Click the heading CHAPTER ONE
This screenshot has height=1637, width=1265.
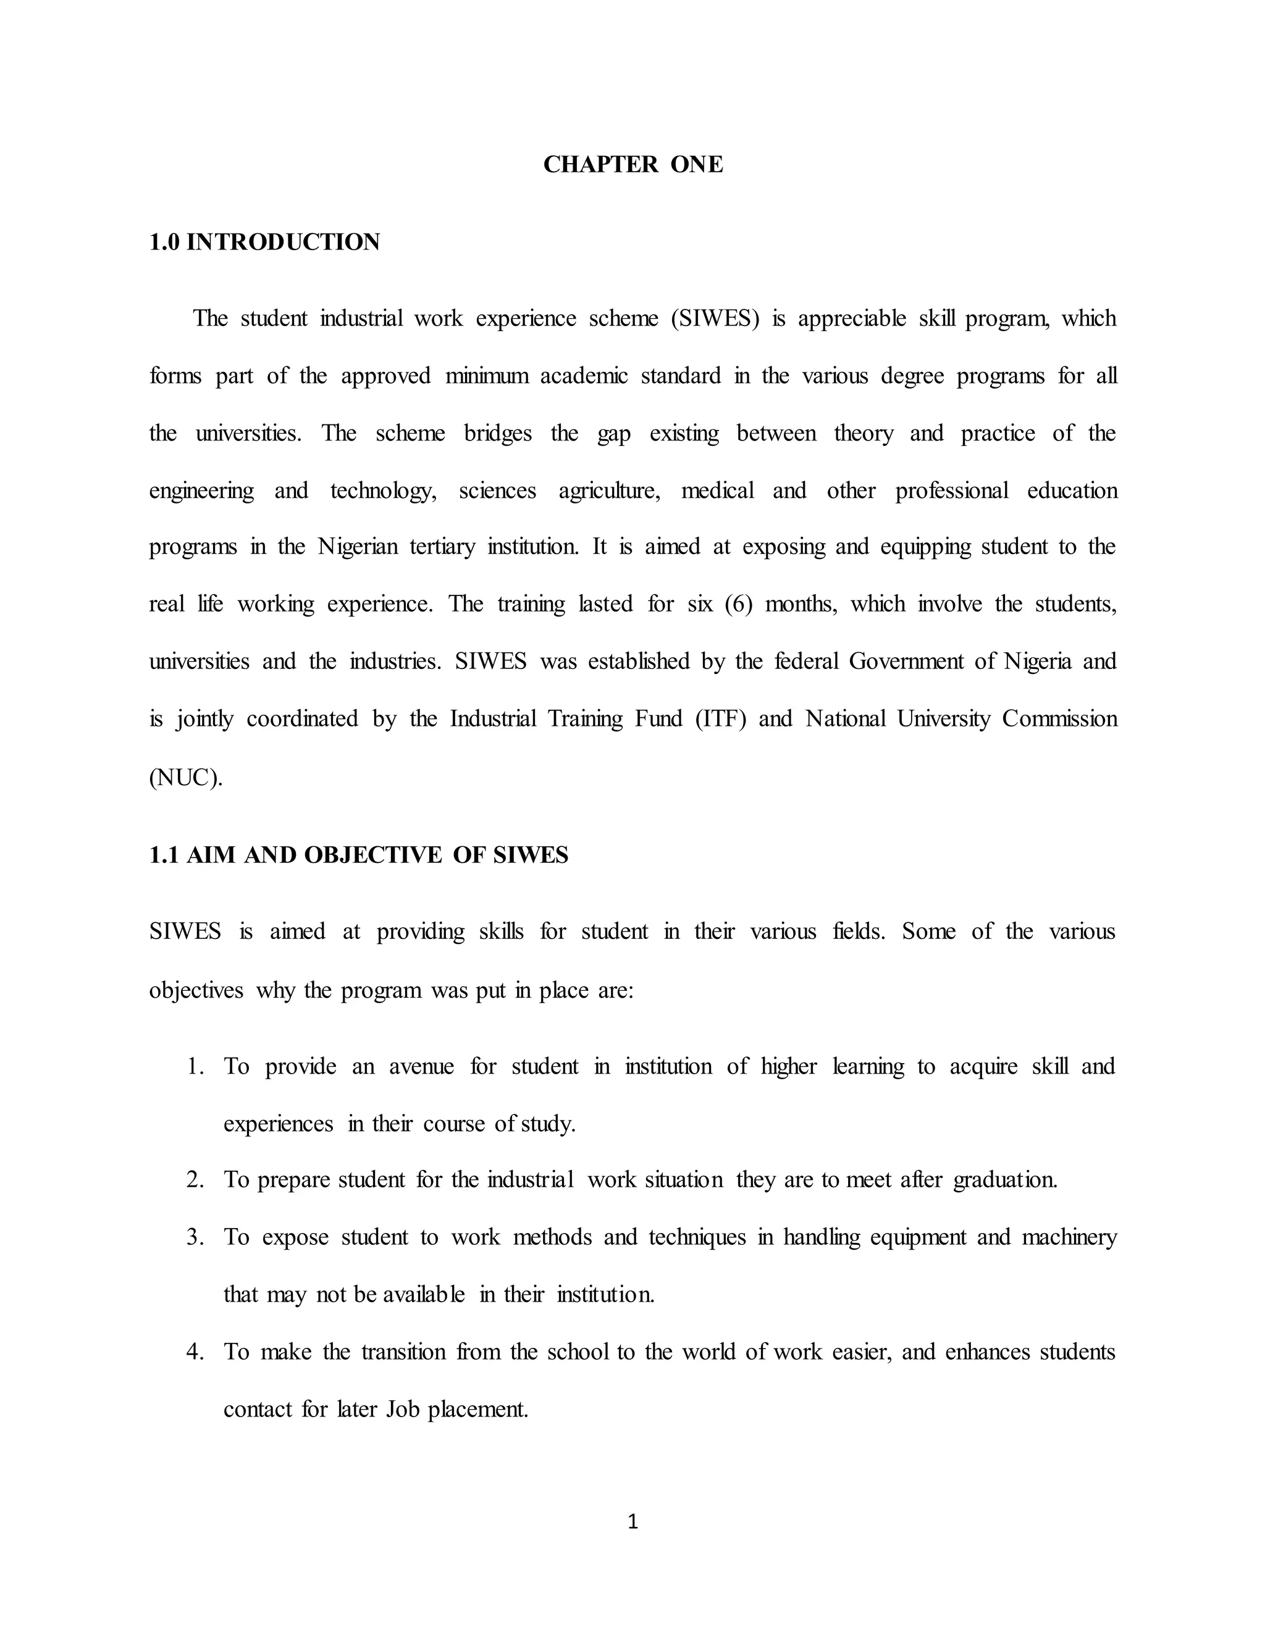point(632,164)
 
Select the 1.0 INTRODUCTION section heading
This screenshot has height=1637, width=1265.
point(264,242)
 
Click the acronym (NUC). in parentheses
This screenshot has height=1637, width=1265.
point(186,777)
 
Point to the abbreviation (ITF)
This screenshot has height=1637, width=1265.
point(721,719)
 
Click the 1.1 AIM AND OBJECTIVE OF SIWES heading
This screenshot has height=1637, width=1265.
point(358,855)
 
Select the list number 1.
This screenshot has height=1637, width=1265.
point(194,1066)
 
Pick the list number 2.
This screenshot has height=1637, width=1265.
point(194,1180)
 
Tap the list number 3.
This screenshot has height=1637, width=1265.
point(194,1237)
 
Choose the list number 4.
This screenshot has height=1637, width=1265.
point(194,1352)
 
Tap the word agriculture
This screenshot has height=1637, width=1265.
point(608,491)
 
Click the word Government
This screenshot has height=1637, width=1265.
point(906,661)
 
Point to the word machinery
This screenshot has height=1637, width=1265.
point(1069,1237)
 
